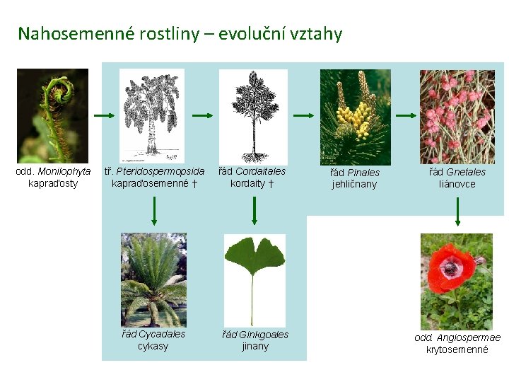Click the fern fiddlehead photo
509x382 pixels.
pyautogui.click(x=52, y=116)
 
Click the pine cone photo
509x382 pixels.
pyautogui.click(x=355, y=116)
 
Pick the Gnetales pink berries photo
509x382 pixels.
pyautogui.click(x=457, y=116)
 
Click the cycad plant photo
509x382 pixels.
pyautogui.click(x=153, y=280)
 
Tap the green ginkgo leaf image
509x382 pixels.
pyautogui.click(x=255, y=280)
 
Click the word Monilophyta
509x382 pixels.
pyautogui.click(x=64, y=171)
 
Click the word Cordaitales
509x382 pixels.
pyautogui.click(x=261, y=171)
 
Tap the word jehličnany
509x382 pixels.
pyautogui.click(x=355, y=185)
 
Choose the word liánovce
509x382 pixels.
pyautogui.click(x=457, y=184)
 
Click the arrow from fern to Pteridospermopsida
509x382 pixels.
pyautogui.click(x=104, y=115)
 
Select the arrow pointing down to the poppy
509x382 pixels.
pyautogui.click(x=457, y=212)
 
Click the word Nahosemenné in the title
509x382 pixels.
pyautogui.click(x=66, y=33)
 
